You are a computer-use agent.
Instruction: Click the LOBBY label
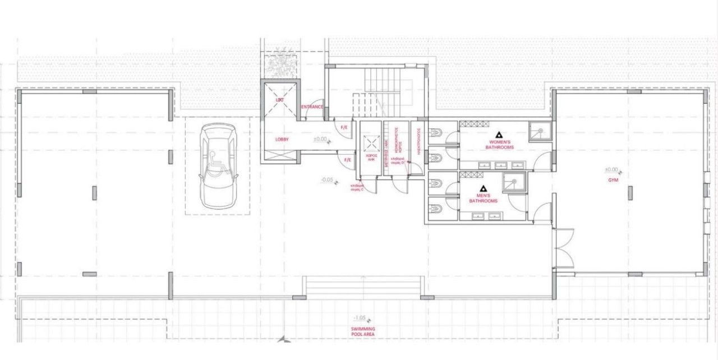point(282,139)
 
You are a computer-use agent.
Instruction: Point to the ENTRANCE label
point(312,107)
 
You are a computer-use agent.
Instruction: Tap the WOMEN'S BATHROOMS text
point(499,145)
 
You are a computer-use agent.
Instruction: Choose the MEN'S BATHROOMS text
point(483,198)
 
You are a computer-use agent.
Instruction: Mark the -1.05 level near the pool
point(360,317)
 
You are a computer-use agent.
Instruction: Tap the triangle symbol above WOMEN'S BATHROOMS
point(499,135)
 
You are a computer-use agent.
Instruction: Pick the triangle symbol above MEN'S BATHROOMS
point(483,189)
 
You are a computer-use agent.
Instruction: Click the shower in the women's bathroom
point(540,131)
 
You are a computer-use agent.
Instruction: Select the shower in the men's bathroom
point(513,182)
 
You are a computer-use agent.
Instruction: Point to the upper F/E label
point(344,128)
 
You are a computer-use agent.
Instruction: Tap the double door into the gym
point(563,248)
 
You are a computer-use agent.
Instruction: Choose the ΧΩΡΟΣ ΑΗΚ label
point(370,158)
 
